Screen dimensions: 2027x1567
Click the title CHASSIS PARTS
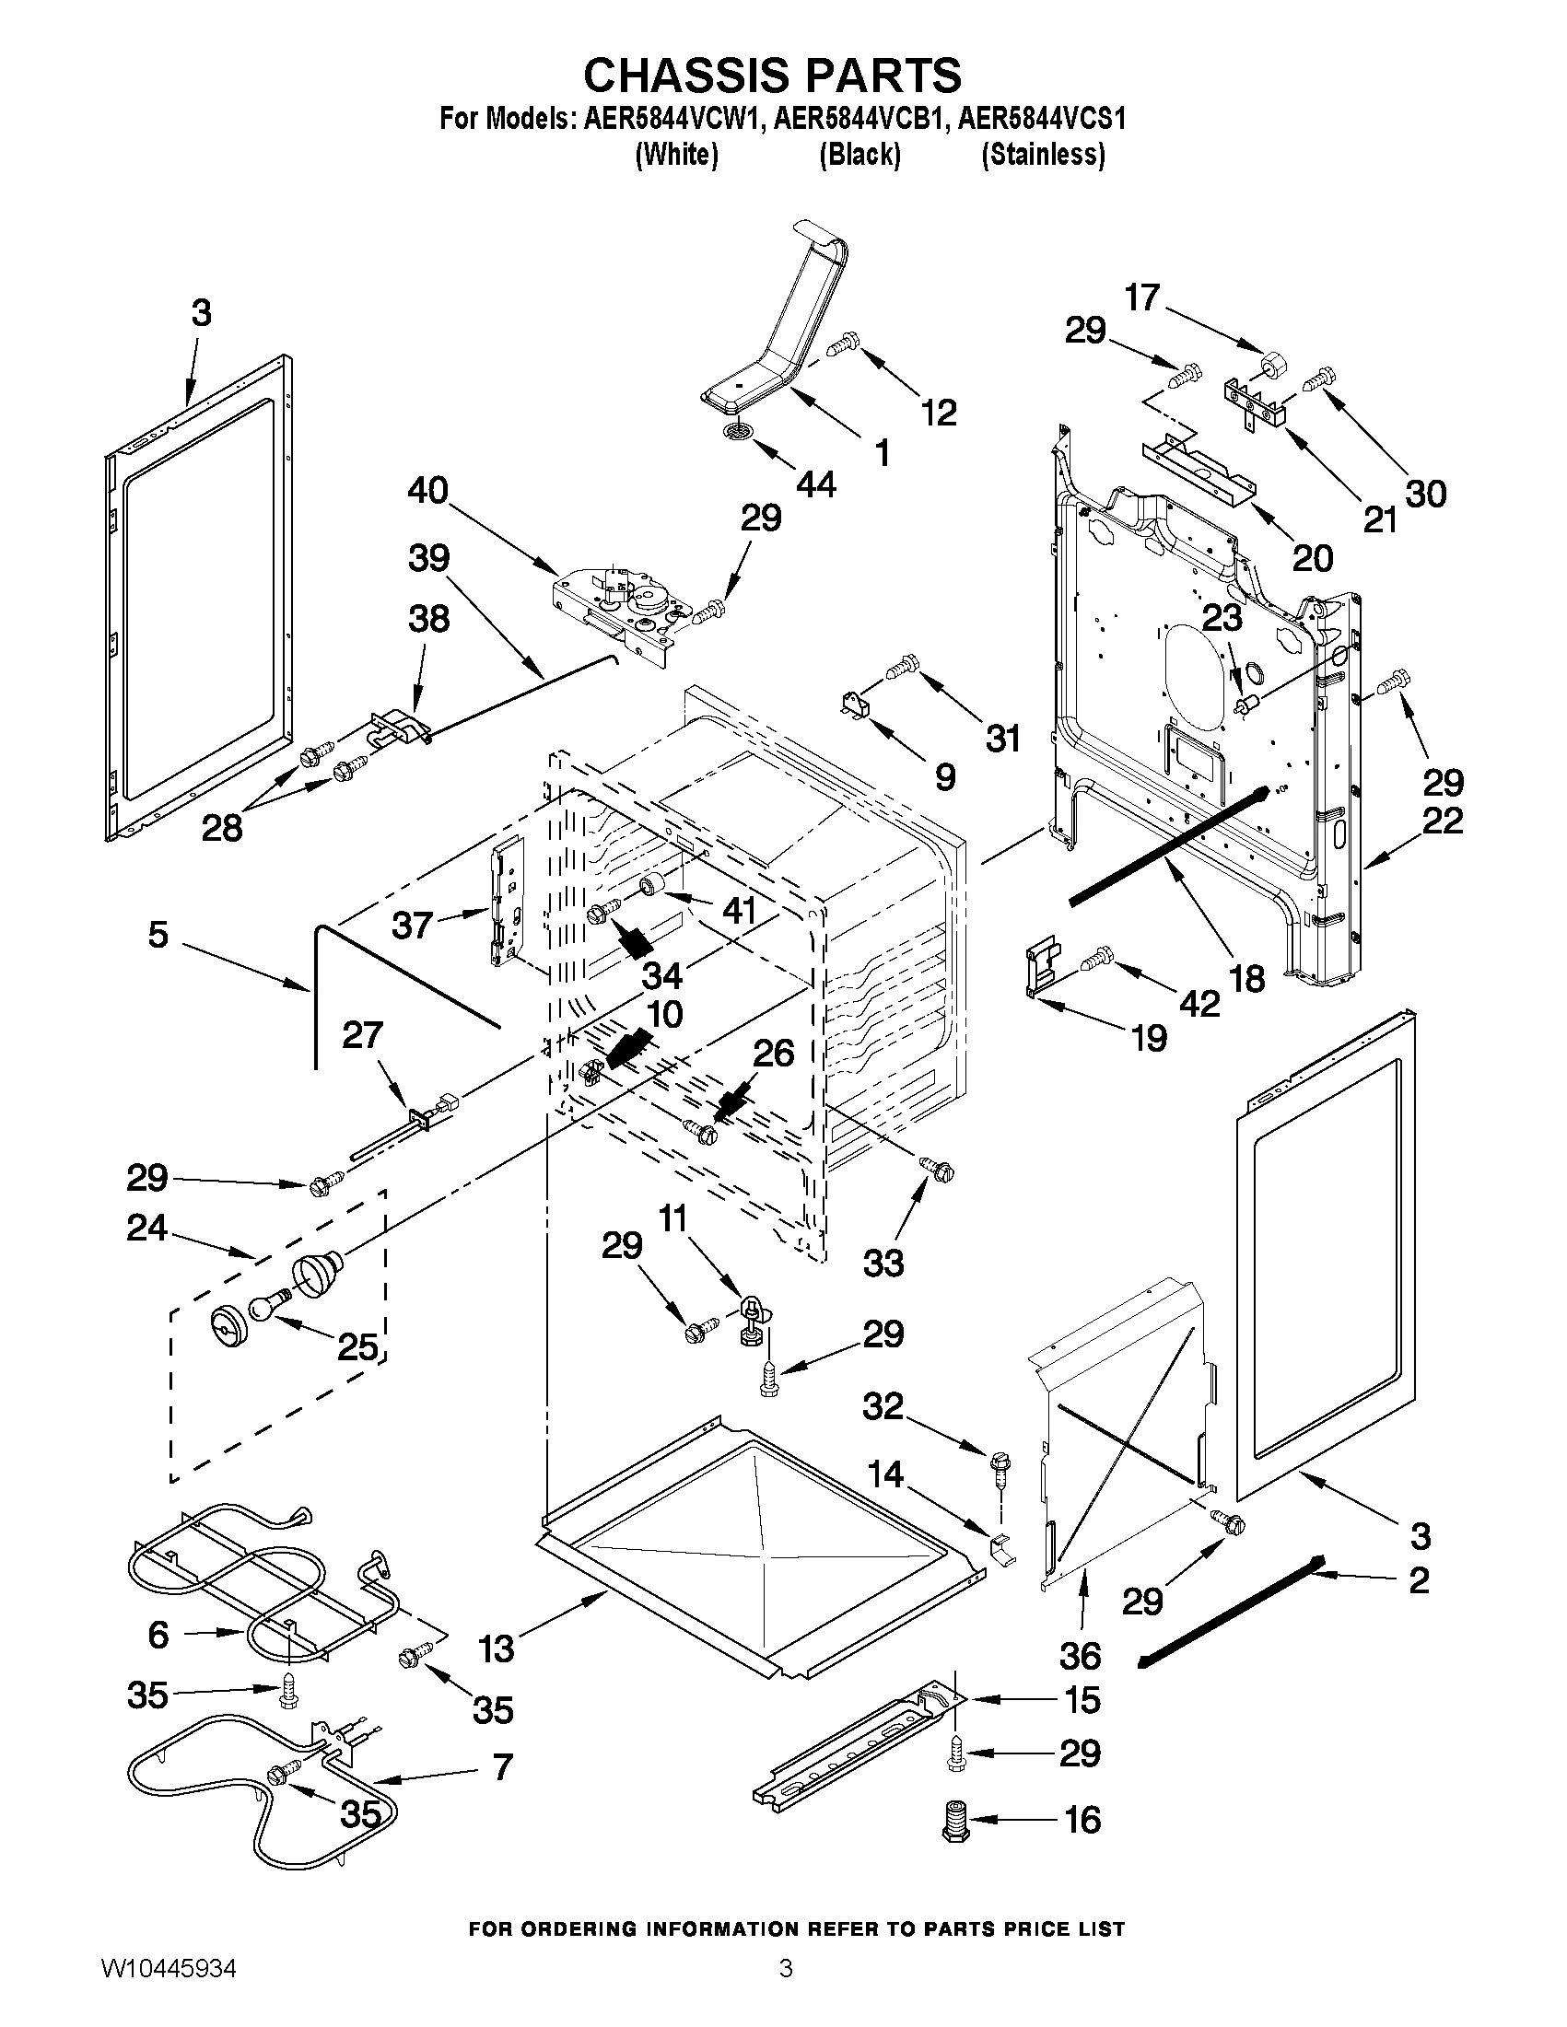772,75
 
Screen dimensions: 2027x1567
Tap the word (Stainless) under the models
1044,154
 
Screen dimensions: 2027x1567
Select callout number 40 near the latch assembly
428,491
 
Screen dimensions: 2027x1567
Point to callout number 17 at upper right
1142,297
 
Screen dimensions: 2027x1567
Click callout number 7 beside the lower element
502,1768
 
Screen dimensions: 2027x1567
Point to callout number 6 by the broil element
158,1634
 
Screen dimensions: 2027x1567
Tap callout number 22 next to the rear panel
1444,821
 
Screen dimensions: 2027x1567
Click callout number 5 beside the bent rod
158,935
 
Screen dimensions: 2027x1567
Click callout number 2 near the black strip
1419,1580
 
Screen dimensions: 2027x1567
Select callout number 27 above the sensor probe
362,1035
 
